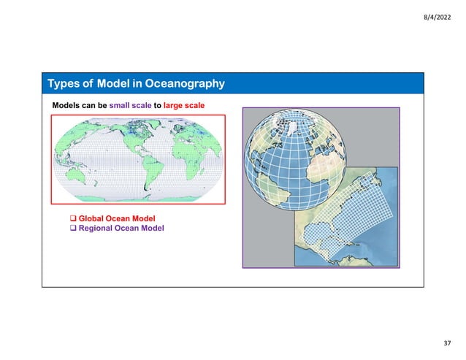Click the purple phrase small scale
tap(130, 106)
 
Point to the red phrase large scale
tap(183, 106)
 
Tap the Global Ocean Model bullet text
tap(117, 218)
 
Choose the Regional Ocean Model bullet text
tap(121, 229)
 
